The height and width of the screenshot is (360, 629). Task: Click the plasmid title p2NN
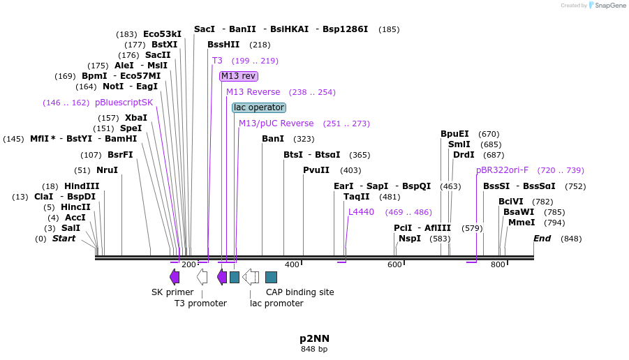(x=314, y=338)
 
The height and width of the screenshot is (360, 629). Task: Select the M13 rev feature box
(x=239, y=76)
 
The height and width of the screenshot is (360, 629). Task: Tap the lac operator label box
(x=259, y=107)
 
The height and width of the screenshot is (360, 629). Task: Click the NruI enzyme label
(x=107, y=170)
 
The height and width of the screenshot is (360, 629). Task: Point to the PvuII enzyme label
(x=316, y=170)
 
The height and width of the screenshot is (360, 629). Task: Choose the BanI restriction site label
(x=273, y=139)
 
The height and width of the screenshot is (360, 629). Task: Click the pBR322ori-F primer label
(x=502, y=170)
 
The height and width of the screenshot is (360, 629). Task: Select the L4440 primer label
(x=361, y=212)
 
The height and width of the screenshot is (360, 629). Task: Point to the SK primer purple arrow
(x=175, y=277)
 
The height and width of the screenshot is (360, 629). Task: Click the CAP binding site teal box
(x=271, y=277)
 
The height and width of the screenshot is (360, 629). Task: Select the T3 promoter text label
(x=200, y=303)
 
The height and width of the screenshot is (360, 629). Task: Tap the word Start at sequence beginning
(x=64, y=239)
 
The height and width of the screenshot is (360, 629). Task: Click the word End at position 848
(x=542, y=239)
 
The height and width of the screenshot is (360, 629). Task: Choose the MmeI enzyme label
(x=521, y=223)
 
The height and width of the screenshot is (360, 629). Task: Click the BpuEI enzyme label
(x=454, y=134)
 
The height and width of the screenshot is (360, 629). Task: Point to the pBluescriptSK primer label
(x=124, y=103)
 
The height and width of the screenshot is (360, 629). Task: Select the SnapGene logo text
(x=609, y=6)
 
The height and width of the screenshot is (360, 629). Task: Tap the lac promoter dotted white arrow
(x=251, y=277)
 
